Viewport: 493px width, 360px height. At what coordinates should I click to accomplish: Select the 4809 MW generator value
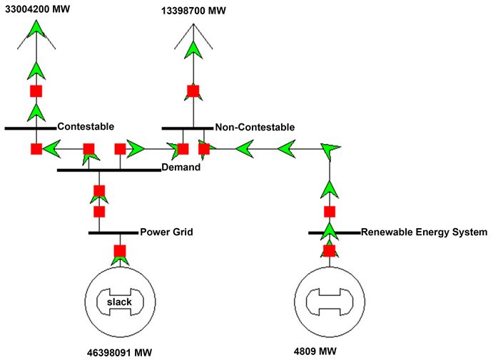click(x=315, y=351)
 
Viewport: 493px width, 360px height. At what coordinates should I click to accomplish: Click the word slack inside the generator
click(x=119, y=302)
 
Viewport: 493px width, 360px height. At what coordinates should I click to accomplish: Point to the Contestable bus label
click(x=86, y=126)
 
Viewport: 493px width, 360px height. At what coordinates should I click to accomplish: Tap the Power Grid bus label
click(x=166, y=232)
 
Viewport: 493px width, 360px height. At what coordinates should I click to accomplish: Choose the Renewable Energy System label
click(x=424, y=232)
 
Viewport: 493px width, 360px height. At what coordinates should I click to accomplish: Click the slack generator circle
click(x=119, y=302)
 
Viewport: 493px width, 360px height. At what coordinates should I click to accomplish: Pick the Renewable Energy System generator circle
click(x=329, y=302)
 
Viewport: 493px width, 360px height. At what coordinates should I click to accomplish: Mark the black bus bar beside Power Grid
click(x=113, y=232)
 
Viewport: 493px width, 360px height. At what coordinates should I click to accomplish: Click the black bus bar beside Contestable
click(x=30, y=128)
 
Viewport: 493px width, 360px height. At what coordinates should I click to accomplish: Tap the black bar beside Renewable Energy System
click(x=334, y=232)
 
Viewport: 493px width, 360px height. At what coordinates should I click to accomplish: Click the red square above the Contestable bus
click(x=36, y=91)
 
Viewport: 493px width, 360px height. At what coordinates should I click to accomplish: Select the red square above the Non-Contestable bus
click(x=193, y=91)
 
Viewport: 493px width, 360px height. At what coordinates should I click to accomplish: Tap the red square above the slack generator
click(x=119, y=251)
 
